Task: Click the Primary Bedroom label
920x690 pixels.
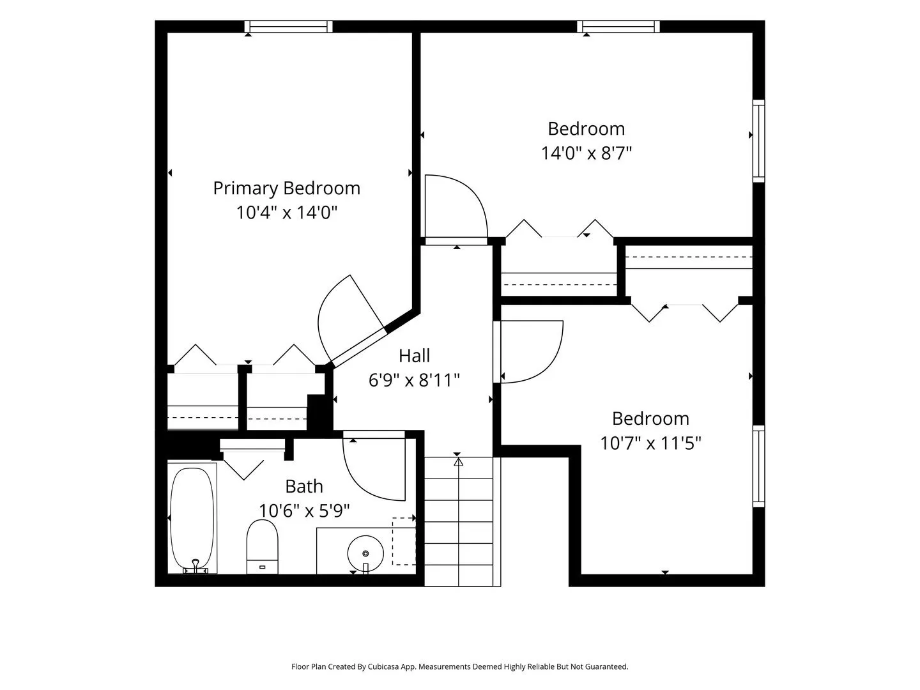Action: click(x=287, y=188)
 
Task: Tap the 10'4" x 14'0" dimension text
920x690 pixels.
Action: click(x=287, y=212)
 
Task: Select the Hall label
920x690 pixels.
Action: click(x=414, y=356)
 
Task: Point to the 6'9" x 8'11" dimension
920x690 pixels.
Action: click(x=414, y=380)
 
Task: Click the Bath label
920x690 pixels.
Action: click(x=304, y=486)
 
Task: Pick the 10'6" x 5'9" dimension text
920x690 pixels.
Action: click(x=304, y=510)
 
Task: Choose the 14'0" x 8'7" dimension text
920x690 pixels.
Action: click(x=586, y=153)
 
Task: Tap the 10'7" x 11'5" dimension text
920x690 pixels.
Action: click(x=650, y=443)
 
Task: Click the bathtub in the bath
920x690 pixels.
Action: click(x=192, y=518)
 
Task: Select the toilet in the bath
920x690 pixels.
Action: click(x=263, y=547)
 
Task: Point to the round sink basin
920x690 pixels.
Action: click(x=365, y=553)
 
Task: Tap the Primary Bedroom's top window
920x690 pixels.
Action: click(x=289, y=26)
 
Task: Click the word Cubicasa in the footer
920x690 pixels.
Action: click(x=383, y=666)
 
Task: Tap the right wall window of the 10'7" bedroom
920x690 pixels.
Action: click(x=759, y=466)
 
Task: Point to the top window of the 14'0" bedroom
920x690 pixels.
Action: click(x=618, y=26)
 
